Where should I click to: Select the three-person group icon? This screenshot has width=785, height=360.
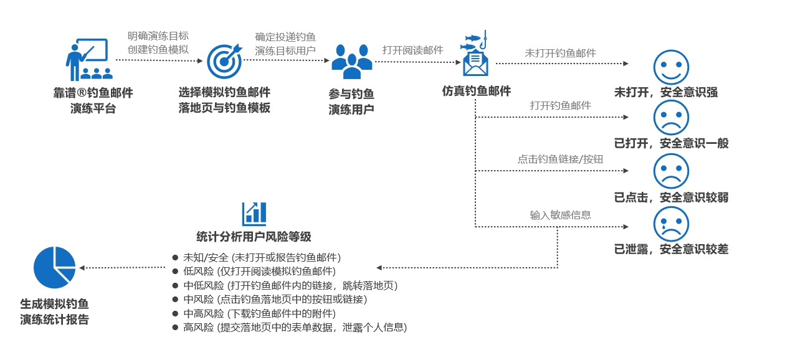351,61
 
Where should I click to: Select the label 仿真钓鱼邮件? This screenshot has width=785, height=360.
476,91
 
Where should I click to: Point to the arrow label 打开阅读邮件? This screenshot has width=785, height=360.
412,50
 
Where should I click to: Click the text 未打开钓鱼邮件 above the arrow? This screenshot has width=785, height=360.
560,53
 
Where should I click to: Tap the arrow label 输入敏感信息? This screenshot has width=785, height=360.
560,215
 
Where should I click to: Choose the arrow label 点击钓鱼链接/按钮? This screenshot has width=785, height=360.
560,159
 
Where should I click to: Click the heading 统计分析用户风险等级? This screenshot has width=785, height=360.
254,237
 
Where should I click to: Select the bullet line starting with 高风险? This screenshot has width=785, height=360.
295,327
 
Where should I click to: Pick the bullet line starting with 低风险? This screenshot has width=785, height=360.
259,272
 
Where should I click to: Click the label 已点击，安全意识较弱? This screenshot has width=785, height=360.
671,197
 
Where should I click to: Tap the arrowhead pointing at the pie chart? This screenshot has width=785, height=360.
82,268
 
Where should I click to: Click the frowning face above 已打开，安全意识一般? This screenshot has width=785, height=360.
671,118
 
